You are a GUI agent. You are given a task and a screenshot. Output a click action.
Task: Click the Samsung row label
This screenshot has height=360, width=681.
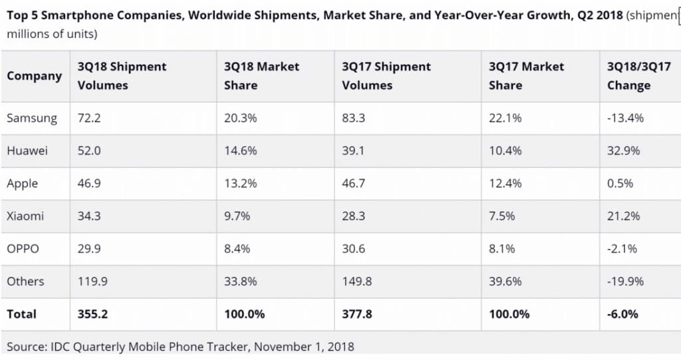[x=31, y=118]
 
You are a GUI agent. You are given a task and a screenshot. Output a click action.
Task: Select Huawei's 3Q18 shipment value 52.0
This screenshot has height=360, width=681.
[x=89, y=151]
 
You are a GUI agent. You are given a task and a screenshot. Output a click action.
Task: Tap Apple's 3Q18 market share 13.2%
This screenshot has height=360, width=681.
[x=241, y=184]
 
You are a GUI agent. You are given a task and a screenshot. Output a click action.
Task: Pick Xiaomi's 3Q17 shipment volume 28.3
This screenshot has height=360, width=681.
[x=353, y=216]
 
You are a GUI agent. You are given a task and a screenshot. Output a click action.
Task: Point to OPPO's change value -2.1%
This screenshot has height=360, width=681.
[x=622, y=249]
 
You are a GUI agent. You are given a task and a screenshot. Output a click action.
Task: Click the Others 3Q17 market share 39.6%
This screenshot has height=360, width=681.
[x=505, y=281]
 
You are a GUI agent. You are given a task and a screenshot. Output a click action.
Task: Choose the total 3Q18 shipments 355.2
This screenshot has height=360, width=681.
[x=92, y=314]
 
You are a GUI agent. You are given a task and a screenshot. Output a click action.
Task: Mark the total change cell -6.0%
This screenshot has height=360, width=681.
[x=622, y=314]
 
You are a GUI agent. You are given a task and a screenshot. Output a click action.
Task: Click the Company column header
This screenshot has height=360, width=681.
[x=34, y=76]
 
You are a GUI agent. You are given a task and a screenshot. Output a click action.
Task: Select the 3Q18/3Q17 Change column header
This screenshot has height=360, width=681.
[x=638, y=76]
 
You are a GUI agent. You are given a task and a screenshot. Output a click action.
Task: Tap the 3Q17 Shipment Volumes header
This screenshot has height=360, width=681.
[x=386, y=76]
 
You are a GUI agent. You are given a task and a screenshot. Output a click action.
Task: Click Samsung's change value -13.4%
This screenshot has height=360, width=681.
[x=625, y=118]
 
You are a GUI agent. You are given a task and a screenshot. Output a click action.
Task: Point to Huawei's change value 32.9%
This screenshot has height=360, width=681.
[x=623, y=151]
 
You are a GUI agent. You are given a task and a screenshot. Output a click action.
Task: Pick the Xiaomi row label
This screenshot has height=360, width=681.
[x=25, y=216]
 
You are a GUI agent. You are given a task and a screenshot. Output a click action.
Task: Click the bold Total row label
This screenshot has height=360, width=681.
[x=21, y=314]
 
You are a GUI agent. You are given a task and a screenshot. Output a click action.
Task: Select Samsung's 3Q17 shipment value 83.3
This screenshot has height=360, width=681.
[x=353, y=118]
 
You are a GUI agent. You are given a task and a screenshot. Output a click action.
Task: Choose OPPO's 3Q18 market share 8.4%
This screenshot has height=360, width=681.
[x=238, y=249]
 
